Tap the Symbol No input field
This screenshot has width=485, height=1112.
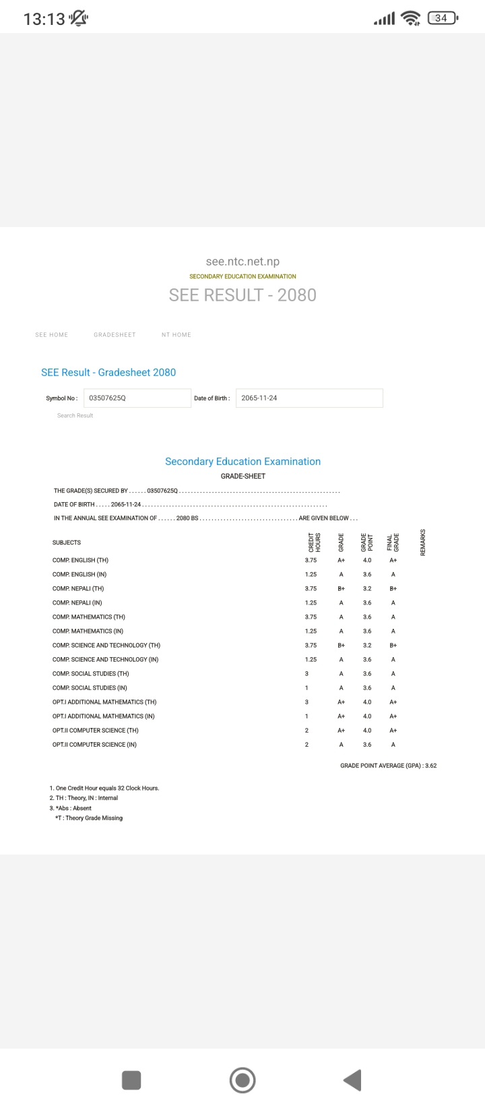[137, 398]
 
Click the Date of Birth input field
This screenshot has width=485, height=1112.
[309, 398]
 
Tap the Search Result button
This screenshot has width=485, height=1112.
[75, 416]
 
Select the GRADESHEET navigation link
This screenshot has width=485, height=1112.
[115, 335]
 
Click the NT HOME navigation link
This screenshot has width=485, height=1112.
[176, 335]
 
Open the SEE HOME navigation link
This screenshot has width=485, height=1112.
[51, 335]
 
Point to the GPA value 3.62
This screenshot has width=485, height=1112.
[431, 766]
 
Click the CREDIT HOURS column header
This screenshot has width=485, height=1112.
[314, 542]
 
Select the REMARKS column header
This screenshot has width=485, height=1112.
[423, 542]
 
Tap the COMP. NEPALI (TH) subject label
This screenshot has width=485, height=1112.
[78, 589]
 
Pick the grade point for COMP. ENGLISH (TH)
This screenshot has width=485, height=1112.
[367, 561]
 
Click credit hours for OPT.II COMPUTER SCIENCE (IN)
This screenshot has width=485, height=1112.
[306, 745]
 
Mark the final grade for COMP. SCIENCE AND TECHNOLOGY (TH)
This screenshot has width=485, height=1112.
[393, 646]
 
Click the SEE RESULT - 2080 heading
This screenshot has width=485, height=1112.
[243, 295]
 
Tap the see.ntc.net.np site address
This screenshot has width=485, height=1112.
[243, 261]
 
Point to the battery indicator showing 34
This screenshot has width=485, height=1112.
[442, 18]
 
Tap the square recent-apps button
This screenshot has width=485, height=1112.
[131, 1080]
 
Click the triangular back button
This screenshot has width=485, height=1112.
[353, 1080]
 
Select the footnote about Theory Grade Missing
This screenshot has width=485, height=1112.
[89, 818]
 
